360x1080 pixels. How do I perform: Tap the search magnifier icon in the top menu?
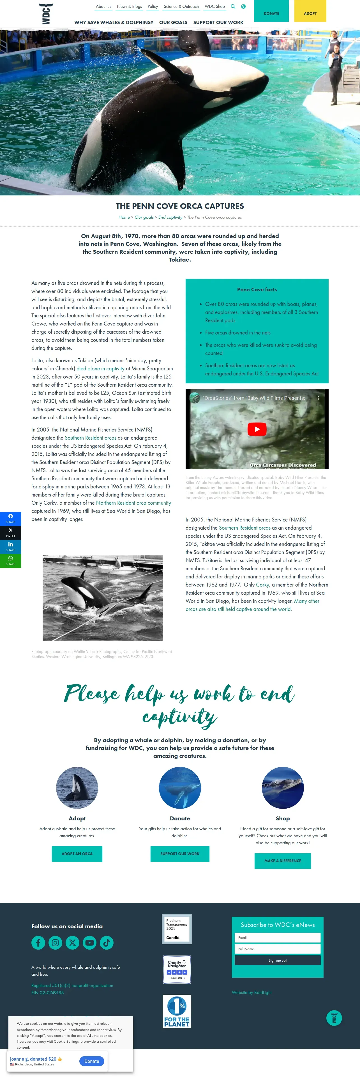click(x=233, y=6)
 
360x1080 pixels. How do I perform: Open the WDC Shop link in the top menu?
click(x=214, y=6)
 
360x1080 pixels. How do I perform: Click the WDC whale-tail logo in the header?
click(x=46, y=13)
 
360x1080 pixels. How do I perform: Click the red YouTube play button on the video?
click(x=257, y=429)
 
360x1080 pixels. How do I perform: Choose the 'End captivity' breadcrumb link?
click(x=170, y=217)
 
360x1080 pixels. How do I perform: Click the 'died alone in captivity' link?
click(x=100, y=368)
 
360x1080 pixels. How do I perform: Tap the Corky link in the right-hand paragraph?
click(x=262, y=585)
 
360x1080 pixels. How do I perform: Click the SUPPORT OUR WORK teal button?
click(x=180, y=854)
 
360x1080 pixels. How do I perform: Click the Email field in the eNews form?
click(x=278, y=938)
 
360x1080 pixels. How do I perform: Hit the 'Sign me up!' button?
click(x=278, y=960)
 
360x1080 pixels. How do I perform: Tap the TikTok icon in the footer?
click(x=107, y=943)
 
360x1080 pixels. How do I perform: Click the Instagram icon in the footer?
click(x=55, y=943)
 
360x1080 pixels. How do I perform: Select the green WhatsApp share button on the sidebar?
click(x=10, y=560)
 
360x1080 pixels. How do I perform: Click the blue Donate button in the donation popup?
click(x=91, y=1061)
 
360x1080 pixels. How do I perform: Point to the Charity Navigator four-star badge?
click(x=177, y=969)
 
